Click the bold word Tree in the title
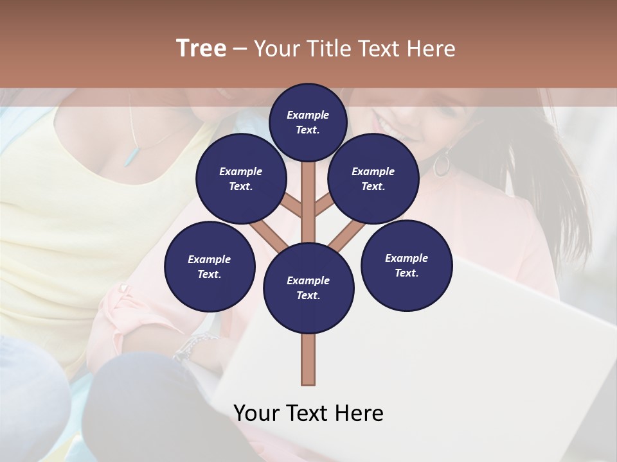(201, 49)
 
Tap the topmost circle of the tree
(308, 122)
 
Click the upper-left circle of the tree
(240, 179)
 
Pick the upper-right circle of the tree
(373, 179)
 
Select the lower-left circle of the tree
(210, 266)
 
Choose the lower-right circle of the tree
(406, 265)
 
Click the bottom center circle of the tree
(308, 287)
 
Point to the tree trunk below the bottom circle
(308, 359)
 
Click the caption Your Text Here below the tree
(308, 413)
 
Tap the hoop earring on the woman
(442, 164)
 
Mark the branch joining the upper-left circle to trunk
(293, 206)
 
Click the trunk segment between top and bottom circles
(308, 205)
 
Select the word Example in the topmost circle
(308, 115)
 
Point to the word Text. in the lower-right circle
(406, 273)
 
